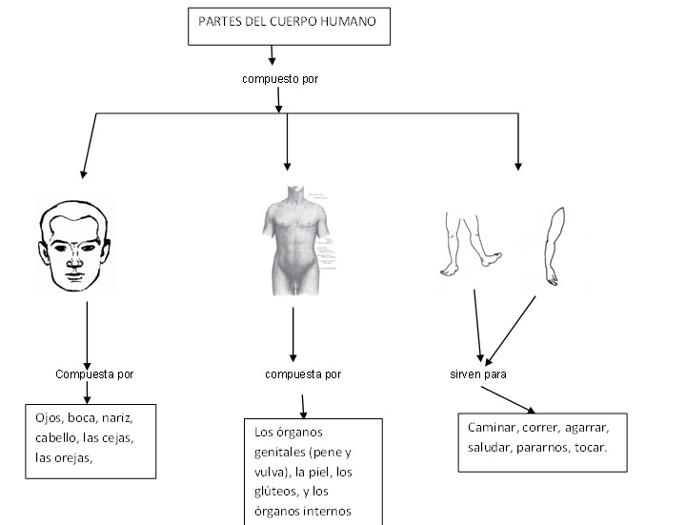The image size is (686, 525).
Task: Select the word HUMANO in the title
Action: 357,20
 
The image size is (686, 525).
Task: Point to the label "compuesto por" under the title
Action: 279,79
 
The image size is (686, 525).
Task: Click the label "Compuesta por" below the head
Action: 94,374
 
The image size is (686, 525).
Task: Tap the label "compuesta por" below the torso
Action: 303,374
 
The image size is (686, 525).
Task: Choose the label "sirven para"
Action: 478,374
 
